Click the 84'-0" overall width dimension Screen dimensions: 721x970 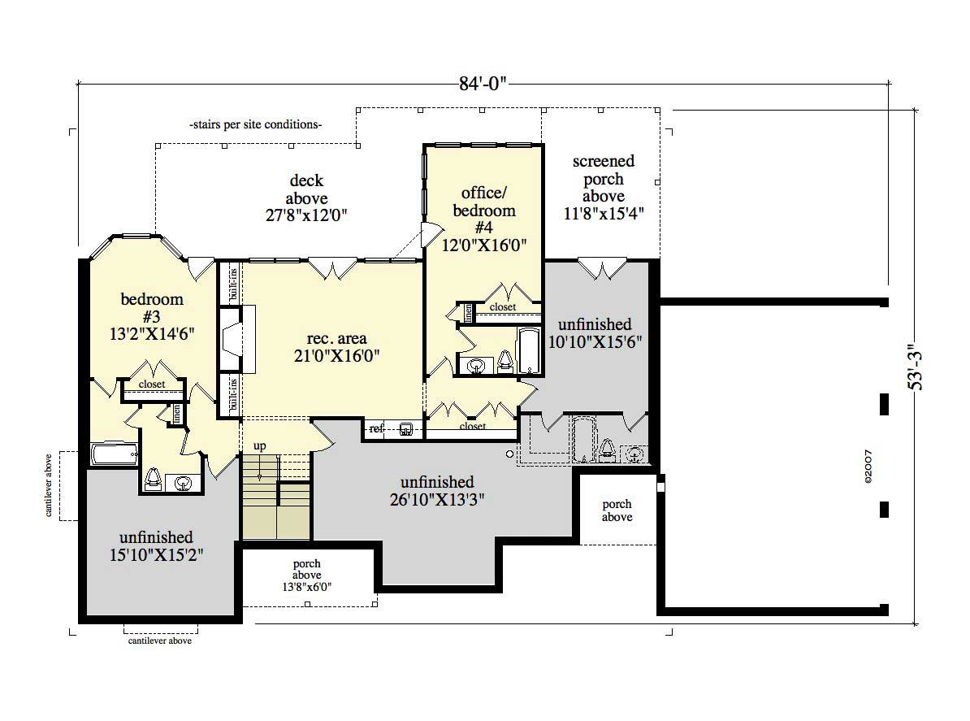click(x=484, y=82)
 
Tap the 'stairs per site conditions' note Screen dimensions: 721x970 click(x=255, y=125)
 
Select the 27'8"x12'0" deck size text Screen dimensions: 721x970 click(x=307, y=215)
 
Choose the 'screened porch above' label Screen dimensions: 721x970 click(x=604, y=179)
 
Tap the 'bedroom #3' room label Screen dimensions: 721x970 click(x=152, y=307)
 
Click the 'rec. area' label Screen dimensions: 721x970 click(x=336, y=338)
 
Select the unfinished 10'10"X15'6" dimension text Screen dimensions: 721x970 click(x=600, y=342)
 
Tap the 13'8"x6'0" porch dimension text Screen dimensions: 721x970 click(x=307, y=586)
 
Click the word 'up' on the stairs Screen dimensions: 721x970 click(x=260, y=446)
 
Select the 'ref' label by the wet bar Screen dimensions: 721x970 click(x=377, y=428)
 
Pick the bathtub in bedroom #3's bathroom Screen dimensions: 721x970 click(x=115, y=454)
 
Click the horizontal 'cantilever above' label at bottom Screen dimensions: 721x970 click(x=160, y=641)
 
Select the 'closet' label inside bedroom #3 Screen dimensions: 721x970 click(x=152, y=384)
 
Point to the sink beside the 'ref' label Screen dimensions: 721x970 click(x=406, y=428)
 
